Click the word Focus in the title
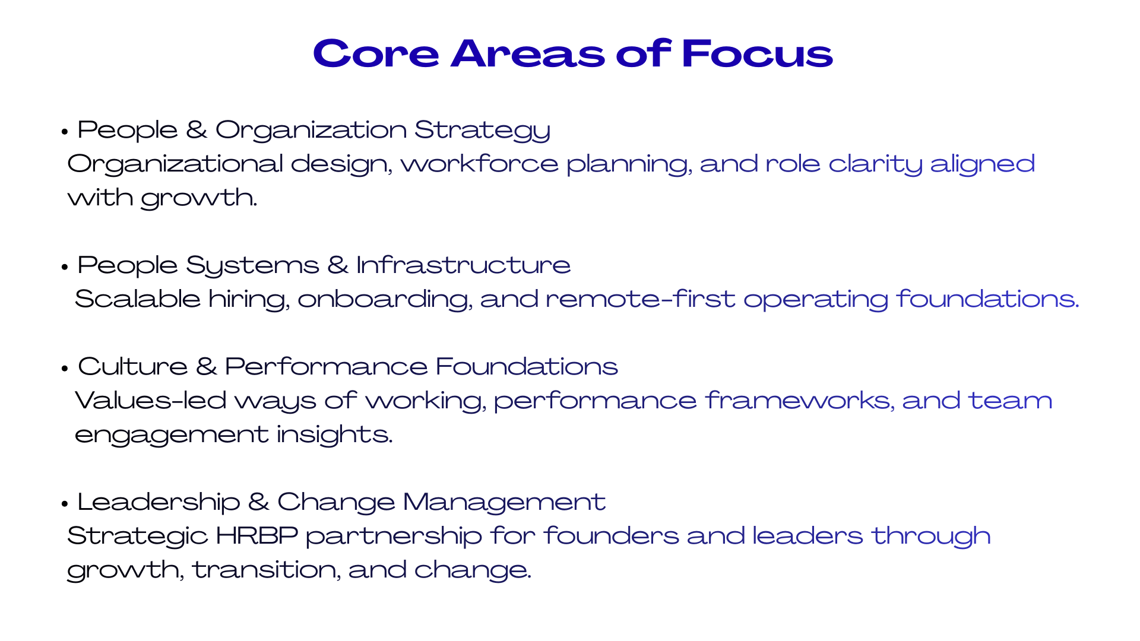[x=757, y=53]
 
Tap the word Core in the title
[x=376, y=53]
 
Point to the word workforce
[x=480, y=163]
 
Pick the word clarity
[x=875, y=164]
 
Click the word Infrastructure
[x=463, y=265]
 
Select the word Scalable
[x=138, y=299]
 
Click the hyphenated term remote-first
[x=641, y=299]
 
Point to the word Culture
[x=133, y=366]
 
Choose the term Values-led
[x=151, y=400]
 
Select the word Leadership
[x=159, y=503]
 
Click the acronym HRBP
[x=256, y=535]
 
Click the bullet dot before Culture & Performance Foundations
[x=65, y=368]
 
